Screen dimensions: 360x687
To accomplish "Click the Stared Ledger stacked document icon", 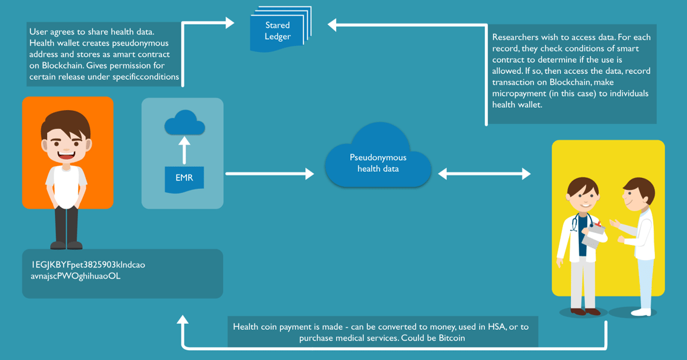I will coord(279,31).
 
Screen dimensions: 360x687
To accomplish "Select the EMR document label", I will coord(184,178).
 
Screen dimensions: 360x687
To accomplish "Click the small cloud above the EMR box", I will coord(184,123).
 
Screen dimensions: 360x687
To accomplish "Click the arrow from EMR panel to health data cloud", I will coord(270,174).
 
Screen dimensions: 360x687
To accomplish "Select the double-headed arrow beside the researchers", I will coord(484,174).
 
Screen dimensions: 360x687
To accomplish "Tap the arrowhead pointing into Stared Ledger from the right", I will coord(333,25).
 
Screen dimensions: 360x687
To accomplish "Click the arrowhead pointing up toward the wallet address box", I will coord(183,320).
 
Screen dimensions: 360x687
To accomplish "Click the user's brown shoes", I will coord(66,245).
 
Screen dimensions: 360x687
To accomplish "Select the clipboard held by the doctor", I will coord(594,235).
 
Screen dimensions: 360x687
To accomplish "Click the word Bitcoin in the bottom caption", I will coord(451,338).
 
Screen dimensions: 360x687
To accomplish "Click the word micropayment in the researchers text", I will coord(520,94).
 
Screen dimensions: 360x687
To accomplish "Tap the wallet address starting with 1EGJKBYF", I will coord(88,265).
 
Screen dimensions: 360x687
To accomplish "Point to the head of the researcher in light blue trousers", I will coord(639,192).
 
